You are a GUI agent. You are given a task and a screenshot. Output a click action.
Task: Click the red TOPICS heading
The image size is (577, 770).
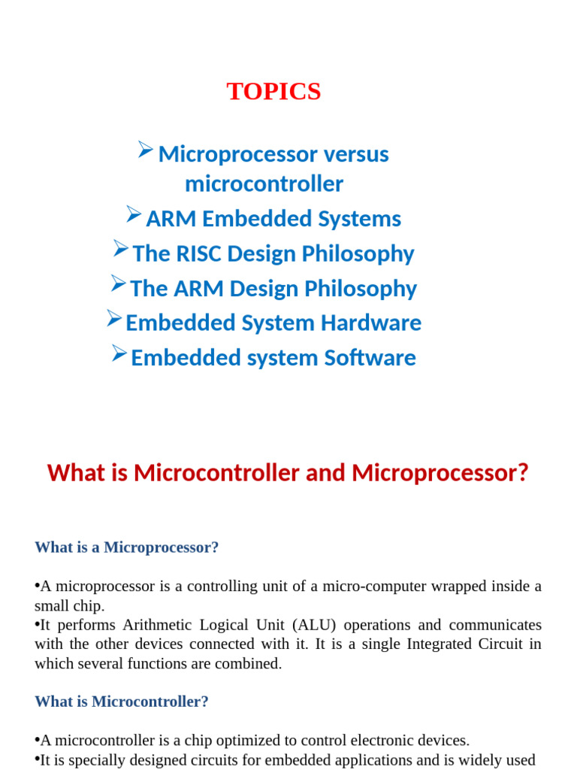click(273, 91)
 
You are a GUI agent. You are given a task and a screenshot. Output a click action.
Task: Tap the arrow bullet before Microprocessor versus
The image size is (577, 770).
click(145, 150)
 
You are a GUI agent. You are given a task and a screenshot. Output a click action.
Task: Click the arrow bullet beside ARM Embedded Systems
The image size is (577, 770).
click(134, 214)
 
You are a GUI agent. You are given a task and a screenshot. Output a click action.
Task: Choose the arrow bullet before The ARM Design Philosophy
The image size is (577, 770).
click(118, 283)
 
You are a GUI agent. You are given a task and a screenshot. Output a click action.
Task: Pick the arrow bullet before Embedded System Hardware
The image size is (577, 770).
click(114, 319)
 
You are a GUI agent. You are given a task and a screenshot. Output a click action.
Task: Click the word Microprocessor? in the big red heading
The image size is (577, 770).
click(440, 473)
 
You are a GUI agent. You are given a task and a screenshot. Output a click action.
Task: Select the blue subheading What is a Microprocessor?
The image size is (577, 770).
click(126, 547)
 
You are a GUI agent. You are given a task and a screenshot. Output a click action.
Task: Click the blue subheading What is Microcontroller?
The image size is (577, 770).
click(122, 702)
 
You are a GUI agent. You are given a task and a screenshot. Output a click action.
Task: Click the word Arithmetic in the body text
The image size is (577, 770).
click(157, 625)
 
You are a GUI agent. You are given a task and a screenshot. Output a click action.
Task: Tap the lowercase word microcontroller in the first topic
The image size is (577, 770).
click(264, 184)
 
